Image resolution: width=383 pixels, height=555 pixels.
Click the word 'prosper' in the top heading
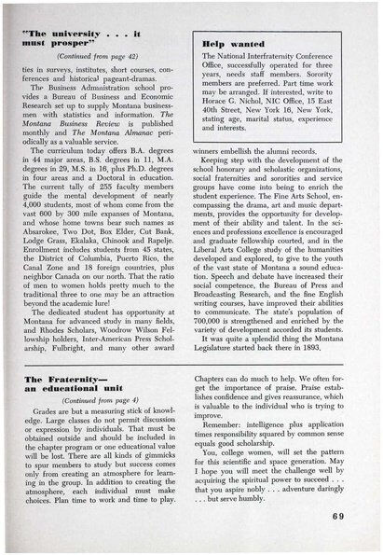point(74,42)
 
